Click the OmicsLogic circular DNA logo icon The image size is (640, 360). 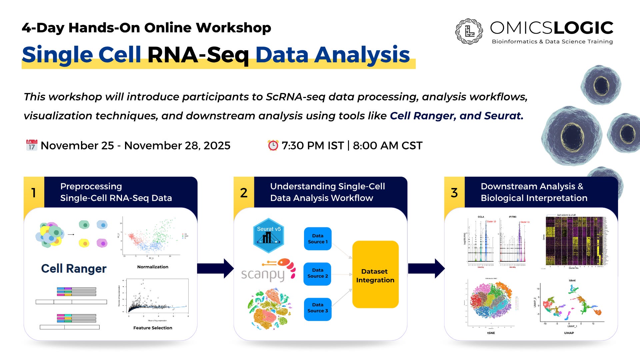[x=469, y=31]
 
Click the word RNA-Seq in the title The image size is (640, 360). [x=198, y=55]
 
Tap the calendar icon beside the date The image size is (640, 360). [x=32, y=145]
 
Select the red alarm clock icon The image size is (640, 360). [x=273, y=145]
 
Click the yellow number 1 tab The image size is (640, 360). [x=34, y=192]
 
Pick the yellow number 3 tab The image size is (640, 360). [x=454, y=192]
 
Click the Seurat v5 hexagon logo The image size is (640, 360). [x=269, y=235]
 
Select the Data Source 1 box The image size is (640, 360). [x=318, y=239]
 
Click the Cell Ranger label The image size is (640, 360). [x=74, y=268]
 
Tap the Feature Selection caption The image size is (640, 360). [x=153, y=328]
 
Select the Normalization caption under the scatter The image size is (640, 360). [x=153, y=267]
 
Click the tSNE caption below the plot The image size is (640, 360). [x=491, y=333]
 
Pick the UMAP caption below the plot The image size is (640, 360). [x=569, y=333]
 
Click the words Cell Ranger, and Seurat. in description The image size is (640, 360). [x=456, y=116]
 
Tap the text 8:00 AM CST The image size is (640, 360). [x=388, y=146]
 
